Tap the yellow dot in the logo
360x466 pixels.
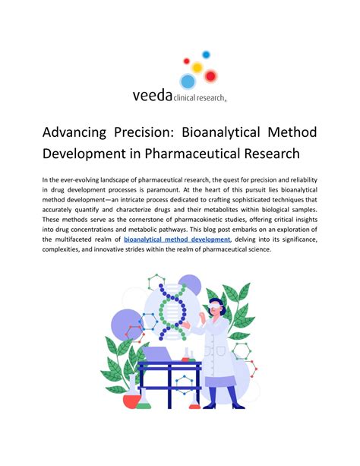coord(197,68)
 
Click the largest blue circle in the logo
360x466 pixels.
coord(187,82)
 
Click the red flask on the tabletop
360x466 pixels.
coord(186,354)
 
